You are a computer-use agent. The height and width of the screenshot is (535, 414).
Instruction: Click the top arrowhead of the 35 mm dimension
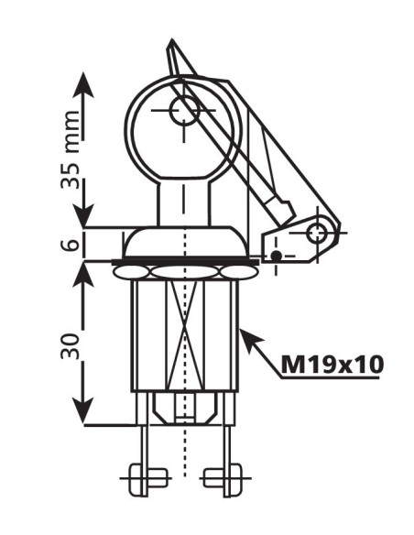click(83, 77)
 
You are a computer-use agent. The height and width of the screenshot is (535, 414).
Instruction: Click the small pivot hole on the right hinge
click(316, 232)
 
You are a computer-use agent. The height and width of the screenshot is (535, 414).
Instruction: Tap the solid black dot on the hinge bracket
click(275, 256)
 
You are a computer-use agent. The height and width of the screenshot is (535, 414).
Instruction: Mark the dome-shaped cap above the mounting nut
click(185, 243)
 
